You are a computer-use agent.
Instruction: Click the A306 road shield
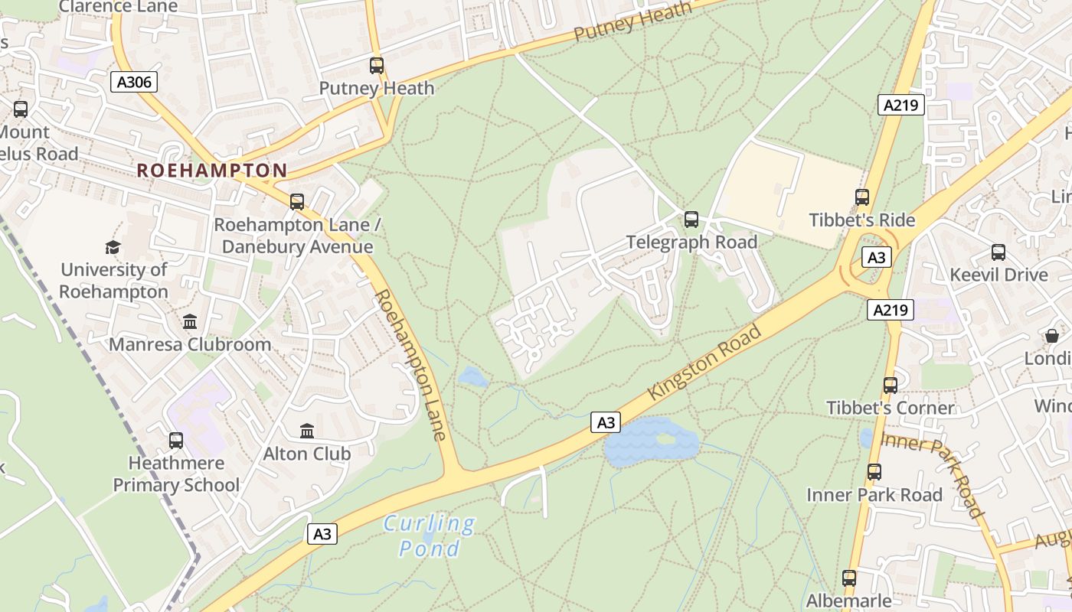tap(134, 82)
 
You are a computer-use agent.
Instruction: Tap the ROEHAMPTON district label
tap(212, 170)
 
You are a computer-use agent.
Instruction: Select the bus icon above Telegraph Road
tap(691, 220)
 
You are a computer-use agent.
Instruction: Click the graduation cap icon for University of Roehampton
tap(113, 247)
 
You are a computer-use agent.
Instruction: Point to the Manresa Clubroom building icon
tap(190, 321)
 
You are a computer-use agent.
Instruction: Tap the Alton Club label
tap(307, 454)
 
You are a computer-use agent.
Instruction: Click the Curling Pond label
tap(429, 535)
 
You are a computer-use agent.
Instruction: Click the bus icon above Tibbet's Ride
tap(862, 197)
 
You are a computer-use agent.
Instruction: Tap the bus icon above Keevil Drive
tap(998, 252)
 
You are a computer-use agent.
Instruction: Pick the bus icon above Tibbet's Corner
tap(890, 386)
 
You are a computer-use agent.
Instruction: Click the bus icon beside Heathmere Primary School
tap(176, 441)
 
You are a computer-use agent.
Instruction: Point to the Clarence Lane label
tap(118, 7)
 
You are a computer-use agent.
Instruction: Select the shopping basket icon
tap(1052, 336)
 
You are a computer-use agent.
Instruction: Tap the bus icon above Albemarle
tap(849, 578)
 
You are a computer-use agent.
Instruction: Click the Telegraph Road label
tap(691, 243)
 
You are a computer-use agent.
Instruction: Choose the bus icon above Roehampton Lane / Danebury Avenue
tap(297, 202)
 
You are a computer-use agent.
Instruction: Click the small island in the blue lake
tap(665, 439)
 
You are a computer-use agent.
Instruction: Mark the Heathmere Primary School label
tap(176, 474)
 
